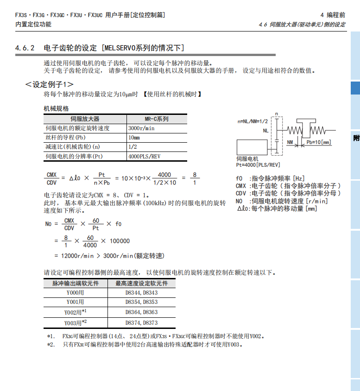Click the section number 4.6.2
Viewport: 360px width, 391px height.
(25, 48)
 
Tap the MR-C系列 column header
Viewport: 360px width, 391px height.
(157, 119)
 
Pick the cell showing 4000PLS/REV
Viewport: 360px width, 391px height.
(144, 156)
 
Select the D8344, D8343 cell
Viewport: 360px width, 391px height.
(141, 293)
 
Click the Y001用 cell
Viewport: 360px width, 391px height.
(75, 302)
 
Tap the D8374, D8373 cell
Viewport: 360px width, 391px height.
(141, 322)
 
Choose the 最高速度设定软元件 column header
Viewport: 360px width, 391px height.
(141, 283)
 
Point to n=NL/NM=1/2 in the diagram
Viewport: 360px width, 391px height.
(253, 121)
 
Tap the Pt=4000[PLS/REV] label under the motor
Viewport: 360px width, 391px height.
(258, 164)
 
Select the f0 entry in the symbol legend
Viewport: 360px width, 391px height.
(239, 178)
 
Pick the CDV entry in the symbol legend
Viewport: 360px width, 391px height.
(241, 193)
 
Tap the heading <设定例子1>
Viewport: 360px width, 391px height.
(49, 84)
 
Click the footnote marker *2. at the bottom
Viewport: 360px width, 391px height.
(51, 345)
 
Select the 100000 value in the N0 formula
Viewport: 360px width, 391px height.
(120, 240)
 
